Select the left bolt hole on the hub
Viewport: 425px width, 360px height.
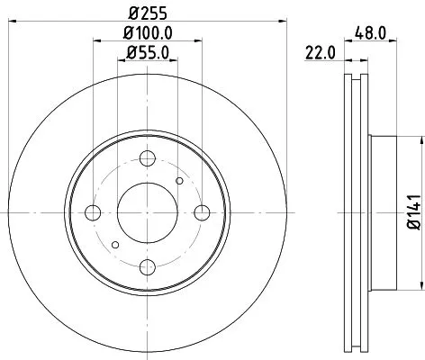tap(93, 212)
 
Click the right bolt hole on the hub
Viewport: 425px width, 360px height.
tap(201, 212)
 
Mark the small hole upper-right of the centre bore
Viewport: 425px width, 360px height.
tap(180, 182)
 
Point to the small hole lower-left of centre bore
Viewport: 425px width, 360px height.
tap(113, 244)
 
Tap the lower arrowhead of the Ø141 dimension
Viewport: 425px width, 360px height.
tap(420, 289)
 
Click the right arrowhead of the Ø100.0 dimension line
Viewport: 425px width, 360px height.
tap(197, 41)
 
